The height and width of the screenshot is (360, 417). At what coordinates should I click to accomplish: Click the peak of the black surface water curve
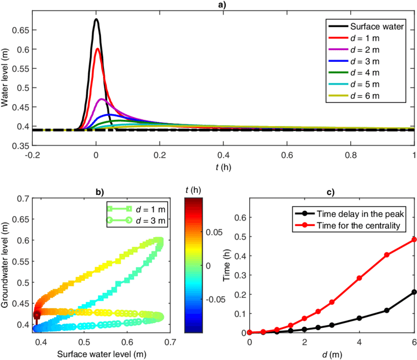tap(96, 20)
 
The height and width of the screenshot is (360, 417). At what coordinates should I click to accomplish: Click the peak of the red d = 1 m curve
tap(98, 49)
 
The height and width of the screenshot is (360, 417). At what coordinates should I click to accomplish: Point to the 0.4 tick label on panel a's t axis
tap(223, 155)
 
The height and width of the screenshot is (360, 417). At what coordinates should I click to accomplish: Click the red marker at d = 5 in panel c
tap(387, 255)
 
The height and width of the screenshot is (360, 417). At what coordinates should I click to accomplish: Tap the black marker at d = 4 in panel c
tap(360, 318)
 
